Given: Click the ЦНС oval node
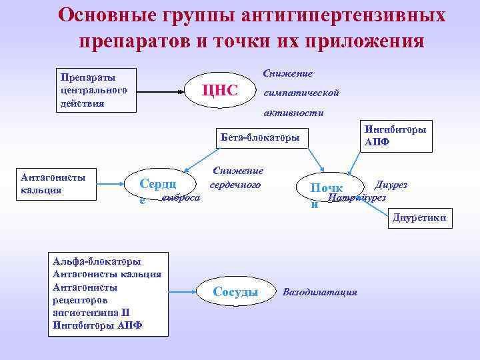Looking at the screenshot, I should click(220, 90).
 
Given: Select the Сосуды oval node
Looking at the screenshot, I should click(235, 292).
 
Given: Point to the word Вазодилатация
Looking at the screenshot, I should click(320, 292).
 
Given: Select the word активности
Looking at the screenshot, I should click(294, 113).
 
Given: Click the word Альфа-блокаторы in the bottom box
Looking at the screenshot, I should click(96, 261).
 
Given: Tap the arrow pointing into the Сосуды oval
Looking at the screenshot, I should click(181, 291).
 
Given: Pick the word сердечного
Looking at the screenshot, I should click(236, 185).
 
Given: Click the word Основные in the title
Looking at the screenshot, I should click(101, 15).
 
